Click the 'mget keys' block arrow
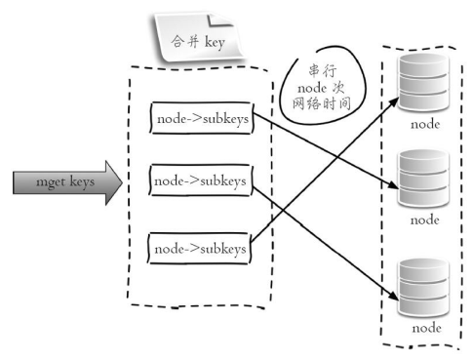click(x=67, y=182)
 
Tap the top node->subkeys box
click(x=202, y=118)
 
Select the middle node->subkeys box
click(x=201, y=180)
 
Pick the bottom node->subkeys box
click(x=200, y=249)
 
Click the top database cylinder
click(x=423, y=83)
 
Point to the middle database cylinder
click(x=423, y=179)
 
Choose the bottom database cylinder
click(x=423, y=288)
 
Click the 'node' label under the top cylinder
click(x=425, y=124)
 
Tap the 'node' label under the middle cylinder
click(x=425, y=220)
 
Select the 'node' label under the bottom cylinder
click(x=426, y=328)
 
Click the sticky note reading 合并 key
click(x=198, y=37)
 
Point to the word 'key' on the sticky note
click(x=215, y=43)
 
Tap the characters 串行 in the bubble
click(x=323, y=70)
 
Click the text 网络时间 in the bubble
click(x=321, y=103)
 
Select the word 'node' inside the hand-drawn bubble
click(x=312, y=88)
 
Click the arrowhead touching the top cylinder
click(x=394, y=101)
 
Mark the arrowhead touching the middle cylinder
click(x=393, y=185)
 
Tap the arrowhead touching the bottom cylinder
click(x=394, y=295)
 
